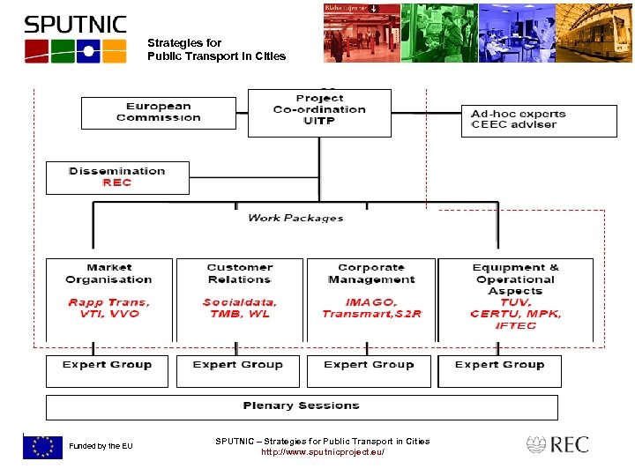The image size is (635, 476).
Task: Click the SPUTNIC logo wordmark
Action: [75, 25]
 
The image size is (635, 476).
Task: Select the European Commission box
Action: [159, 113]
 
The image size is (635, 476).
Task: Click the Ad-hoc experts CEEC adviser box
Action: [539, 120]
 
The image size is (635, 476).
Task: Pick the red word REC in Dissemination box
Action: [117, 182]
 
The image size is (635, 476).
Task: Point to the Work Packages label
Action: [295, 218]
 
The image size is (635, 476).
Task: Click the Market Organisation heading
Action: [109, 273]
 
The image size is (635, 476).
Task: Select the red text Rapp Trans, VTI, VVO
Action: [109, 308]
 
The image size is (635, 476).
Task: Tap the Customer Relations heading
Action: [239, 273]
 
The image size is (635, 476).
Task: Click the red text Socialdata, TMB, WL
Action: [239, 308]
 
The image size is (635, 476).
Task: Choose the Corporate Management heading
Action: [370, 273]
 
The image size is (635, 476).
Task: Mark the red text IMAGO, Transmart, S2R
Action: [370, 308]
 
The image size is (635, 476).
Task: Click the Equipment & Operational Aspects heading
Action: [515, 279]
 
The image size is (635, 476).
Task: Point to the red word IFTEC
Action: [515, 325]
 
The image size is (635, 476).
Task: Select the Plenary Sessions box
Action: [302, 406]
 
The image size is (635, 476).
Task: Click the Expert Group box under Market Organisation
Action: [108, 370]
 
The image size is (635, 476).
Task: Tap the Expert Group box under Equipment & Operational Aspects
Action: [500, 370]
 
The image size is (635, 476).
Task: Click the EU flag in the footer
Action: [42, 447]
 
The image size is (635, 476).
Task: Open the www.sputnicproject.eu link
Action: [323, 452]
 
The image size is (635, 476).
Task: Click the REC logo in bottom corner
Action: [557, 445]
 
